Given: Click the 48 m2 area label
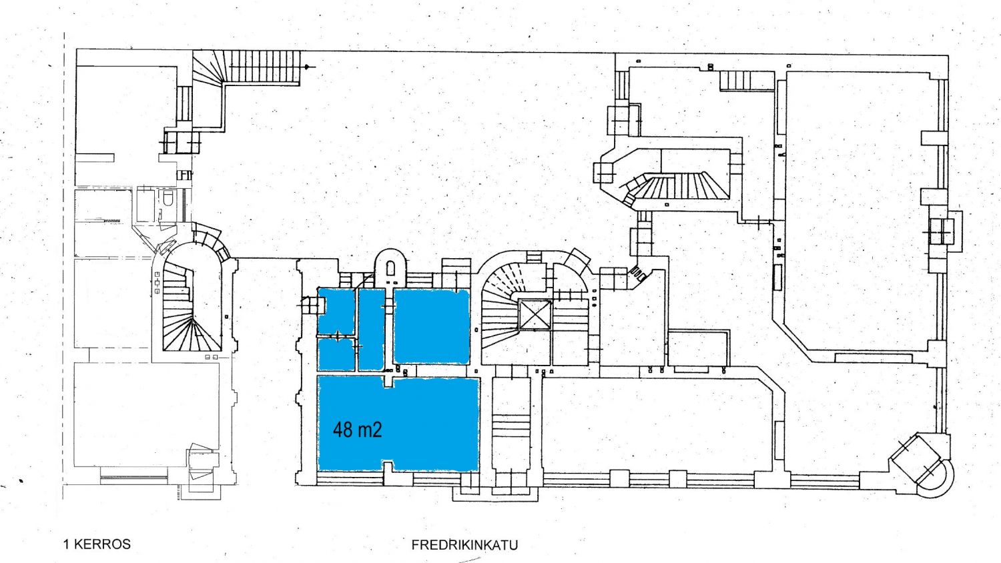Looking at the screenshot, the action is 358,430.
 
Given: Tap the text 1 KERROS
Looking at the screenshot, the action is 97,544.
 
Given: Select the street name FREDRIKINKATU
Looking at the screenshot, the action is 464,545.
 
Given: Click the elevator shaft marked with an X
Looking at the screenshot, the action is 535,315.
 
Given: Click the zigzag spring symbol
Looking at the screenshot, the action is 112,221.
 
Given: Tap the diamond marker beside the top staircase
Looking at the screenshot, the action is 308,67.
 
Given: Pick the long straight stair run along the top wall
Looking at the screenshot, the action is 264,66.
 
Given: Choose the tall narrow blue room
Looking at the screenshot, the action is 372,330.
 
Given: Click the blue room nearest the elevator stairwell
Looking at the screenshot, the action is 432,326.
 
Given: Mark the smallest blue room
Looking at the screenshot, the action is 336,355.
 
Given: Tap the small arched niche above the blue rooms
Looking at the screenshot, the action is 390,268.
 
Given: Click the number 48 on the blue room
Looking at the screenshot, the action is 342,430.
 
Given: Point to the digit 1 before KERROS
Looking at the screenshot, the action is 66,544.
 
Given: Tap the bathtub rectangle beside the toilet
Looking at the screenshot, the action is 145,206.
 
